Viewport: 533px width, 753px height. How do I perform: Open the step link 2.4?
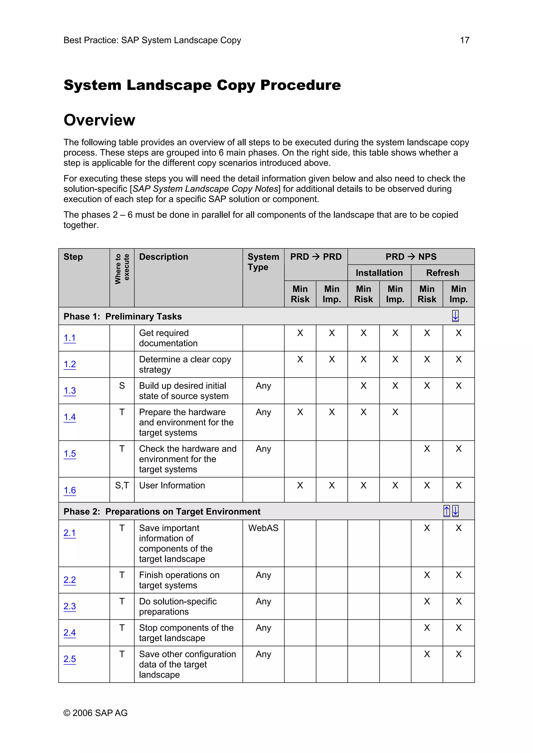(70, 632)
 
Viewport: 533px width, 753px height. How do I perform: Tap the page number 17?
(464, 40)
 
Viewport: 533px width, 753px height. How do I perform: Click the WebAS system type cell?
(263, 528)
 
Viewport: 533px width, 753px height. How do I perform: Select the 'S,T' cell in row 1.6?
(122, 485)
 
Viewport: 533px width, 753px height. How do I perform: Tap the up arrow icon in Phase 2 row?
(446, 511)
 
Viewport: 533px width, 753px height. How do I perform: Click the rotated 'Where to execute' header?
(122, 269)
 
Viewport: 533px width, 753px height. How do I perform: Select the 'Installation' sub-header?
(379, 273)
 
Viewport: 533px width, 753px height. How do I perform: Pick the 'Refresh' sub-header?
(442, 273)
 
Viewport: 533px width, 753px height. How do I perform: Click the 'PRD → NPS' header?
(411, 257)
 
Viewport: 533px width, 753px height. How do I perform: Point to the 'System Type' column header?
(263, 262)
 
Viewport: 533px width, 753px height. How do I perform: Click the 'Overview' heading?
(99, 120)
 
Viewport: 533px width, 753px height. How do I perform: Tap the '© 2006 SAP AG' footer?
(96, 713)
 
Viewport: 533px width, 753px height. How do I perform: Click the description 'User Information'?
(172, 485)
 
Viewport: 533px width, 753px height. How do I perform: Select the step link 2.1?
(70, 533)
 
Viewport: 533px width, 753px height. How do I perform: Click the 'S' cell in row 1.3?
(122, 386)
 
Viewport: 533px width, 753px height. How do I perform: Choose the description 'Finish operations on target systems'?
(179, 580)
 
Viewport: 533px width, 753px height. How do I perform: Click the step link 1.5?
(70, 454)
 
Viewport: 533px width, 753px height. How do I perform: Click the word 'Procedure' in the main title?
(300, 85)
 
